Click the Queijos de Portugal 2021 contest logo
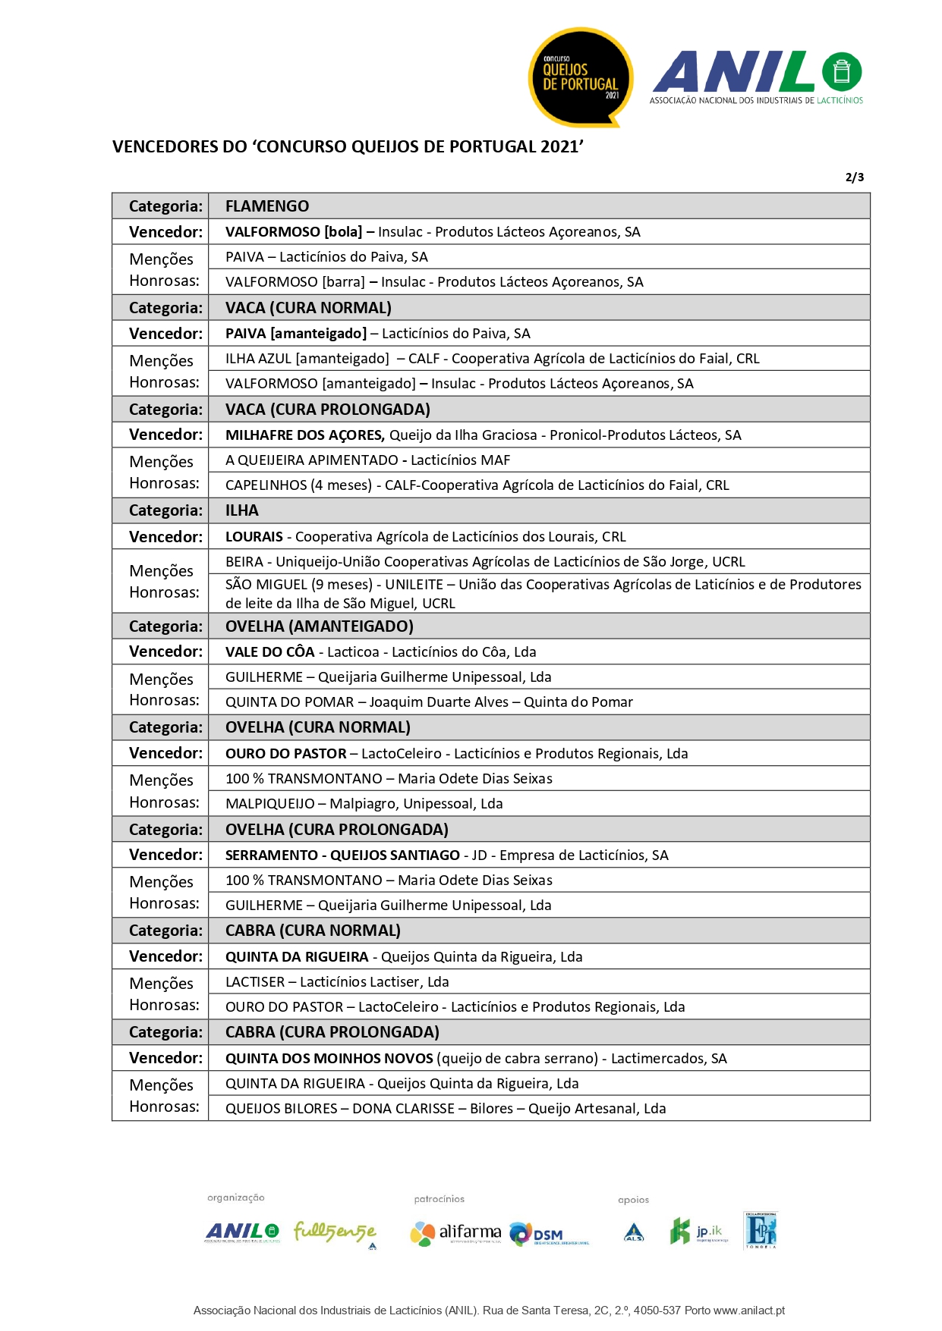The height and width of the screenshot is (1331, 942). pyautogui.click(x=581, y=77)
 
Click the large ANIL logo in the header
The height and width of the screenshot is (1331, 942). pyautogui.click(x=756, y=77)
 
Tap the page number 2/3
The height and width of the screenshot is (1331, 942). pyautogui.click(x=854, y=177)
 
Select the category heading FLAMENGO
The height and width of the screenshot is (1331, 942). pyautogui.click(x=267, y=206)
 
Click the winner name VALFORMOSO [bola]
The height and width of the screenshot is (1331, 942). pyautogui.click(x=294, y=232)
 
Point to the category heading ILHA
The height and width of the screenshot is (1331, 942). pyautogui.click(x=242, y=510)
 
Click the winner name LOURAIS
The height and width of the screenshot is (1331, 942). pyautogui.click(x=254, y=537)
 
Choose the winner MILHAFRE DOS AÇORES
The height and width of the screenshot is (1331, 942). pyautogui.click(x=304, y=435)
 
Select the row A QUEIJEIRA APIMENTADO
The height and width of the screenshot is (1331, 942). pyautogui.click(x=367, y=460)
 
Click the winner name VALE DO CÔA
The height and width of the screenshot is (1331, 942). pyautogui.click(x=270, y=652)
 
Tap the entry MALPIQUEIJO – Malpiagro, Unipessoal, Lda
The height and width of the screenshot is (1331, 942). pyautogui.click(x=364, y=804)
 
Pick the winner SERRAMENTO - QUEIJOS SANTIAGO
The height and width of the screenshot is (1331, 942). pyautogui.click(x=342, y=855)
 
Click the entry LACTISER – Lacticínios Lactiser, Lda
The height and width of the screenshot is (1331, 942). pyautogui.click(x=337, y=982)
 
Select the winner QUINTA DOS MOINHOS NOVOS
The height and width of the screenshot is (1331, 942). pyautogui.click(x=329, y=1059)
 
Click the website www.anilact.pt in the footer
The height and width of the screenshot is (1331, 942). pyautogui.click(x=748, y=1311)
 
